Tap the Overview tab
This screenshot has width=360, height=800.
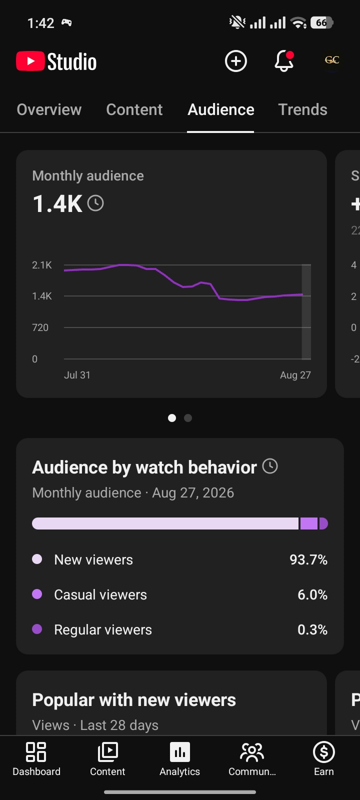pyautogui.click(x=49, y=109)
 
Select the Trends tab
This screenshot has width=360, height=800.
pyautogui.click(x=302, y=109)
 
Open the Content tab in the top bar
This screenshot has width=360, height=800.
pyautogui.click(x=134, y=109)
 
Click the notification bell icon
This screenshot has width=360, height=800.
pyautogui.click(x=284, y=61)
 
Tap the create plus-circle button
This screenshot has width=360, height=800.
pyautogui.click(x=235, y=61)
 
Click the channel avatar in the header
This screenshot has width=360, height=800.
pyautogui.click(x=332, y=60)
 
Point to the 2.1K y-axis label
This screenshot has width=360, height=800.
pyautogui.click(x=42, y=265)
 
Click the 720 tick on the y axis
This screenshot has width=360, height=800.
pyautogui.click(x=40, y=327)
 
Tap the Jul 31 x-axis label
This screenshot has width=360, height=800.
pyautogui.click(x=77, y=375)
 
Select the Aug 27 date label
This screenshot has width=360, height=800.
pyautogui.click(x=295, y=375)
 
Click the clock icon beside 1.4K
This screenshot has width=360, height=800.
pyautogui.click(x=95, y=203)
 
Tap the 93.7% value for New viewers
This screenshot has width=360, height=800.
pyautogui.click(x=308, y=559)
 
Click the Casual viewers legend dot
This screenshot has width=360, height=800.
pyautogui.click(x=37, y=594)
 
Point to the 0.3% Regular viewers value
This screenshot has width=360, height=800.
pyautogui.click(x=312, y=629)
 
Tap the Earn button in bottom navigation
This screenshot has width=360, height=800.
pyautogui.click(x=324, y=758)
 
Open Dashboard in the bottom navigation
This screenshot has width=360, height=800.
pyautogui.click(x=36, y=758)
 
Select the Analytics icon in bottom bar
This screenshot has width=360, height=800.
pyautogui.click(x=180, y=752)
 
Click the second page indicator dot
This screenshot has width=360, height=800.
pyautogui.click(x=188, y=418)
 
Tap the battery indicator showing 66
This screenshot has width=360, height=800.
pyautogui.click(x=322, y=23)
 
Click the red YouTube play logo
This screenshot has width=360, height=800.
pyautogui.click(x=30, y=61)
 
